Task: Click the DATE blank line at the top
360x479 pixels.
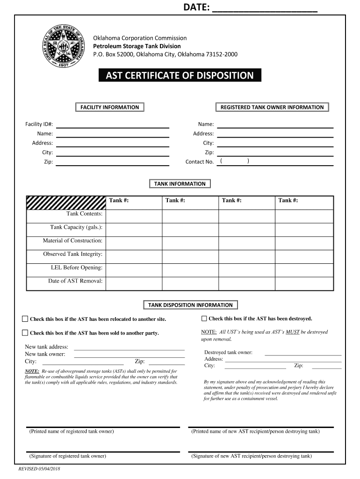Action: tap(265, 11)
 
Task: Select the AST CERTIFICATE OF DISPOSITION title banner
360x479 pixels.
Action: tap(180, 75)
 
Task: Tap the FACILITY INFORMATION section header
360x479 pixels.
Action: tap(109, 107)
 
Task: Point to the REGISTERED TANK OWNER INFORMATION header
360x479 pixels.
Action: tap(272, 107)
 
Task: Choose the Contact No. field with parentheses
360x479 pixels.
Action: tap(275, 162)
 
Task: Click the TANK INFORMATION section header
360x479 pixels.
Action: tap(180, 184)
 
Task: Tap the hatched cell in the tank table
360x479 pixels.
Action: tap(66, 202)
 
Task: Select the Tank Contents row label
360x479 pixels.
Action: tap(84, 214)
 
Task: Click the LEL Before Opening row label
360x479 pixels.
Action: tap(77, 268)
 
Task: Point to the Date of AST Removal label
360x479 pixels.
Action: tap(75, 281)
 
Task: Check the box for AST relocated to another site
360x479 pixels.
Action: tap(25, 319)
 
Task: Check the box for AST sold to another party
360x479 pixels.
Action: tap(25, 333)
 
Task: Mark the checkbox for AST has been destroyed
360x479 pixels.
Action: tap(204, 319)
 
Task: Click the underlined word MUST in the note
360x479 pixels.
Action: tap(293, 332)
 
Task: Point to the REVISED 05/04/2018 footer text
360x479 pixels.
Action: tap(40, 469)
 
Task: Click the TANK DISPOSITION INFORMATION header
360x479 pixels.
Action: tap(190, 305)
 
